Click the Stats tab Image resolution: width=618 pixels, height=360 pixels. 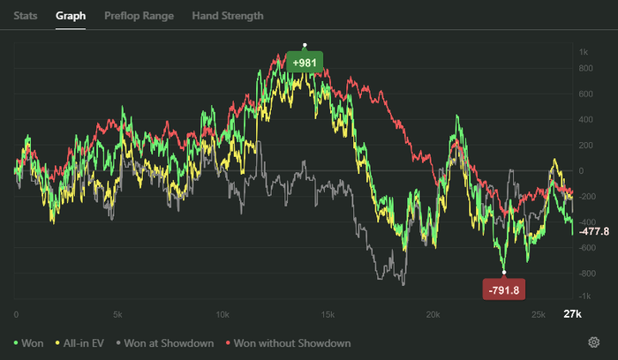coord(25,16)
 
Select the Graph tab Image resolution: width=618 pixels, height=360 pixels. coord(70,16)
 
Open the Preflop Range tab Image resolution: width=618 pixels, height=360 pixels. coord(139,16)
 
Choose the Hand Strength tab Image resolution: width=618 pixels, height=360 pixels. coord(228,16)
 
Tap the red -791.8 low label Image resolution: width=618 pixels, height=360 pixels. coord(504,289)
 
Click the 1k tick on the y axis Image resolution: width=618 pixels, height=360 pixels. coord(584,52)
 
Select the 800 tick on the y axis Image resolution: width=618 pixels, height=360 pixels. coord(585,94)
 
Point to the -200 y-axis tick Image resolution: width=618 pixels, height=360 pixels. coord(584,196)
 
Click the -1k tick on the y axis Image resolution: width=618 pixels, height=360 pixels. coord(584,296)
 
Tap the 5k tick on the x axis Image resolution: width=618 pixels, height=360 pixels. coord(117,315)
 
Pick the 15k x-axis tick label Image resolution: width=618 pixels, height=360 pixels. coord(328,315)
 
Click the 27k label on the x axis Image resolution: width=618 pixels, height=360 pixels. coord(572,315)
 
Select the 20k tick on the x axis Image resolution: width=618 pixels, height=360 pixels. coord(433,315)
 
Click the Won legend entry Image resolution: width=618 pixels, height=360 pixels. coord(29,342)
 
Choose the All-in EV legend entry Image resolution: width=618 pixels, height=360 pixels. coord(81,342)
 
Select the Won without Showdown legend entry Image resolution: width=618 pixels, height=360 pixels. coord(289,342)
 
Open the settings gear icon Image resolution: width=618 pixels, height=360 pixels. coord(593,342)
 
